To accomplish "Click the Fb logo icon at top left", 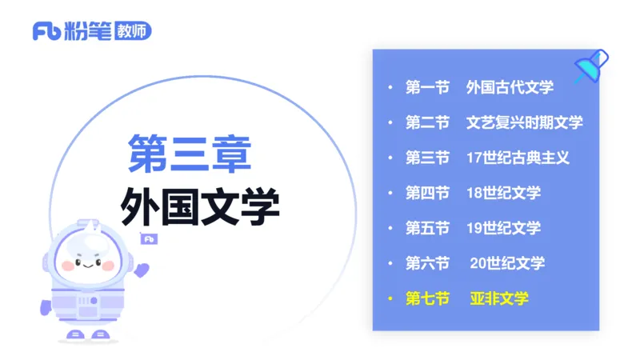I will (45, 32).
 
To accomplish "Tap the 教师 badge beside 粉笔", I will (133, 32).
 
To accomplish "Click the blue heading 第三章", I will (190, 154).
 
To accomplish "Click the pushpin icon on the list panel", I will (593, 66).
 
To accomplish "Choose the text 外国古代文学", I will (510, 87).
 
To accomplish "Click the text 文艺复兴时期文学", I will (524, 122).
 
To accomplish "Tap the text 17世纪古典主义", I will (518, 158).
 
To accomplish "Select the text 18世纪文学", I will (503, 193).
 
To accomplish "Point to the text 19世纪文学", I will (503, 228).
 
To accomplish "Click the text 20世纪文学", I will (507, 263).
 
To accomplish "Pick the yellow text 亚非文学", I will (499, 298).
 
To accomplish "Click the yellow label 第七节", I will (427, 298).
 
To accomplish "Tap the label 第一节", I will (427, 87).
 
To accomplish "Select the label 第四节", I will (427, 193).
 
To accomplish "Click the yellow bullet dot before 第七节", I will (390, 298).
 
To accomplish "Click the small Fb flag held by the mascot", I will (148, 238).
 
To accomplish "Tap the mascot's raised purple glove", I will (142, 269).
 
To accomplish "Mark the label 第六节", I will (427, 263).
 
